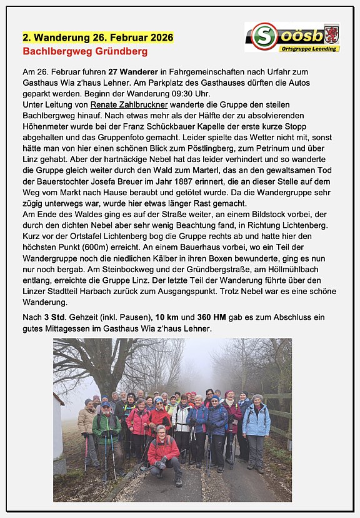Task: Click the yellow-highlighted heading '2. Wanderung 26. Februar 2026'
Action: pos(98,38)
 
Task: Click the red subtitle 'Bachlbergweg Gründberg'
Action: pos(85,51)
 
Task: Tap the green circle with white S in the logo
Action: pos(264,36)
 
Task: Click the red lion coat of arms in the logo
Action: pos(331,33)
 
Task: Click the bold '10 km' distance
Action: pos(169,318)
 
